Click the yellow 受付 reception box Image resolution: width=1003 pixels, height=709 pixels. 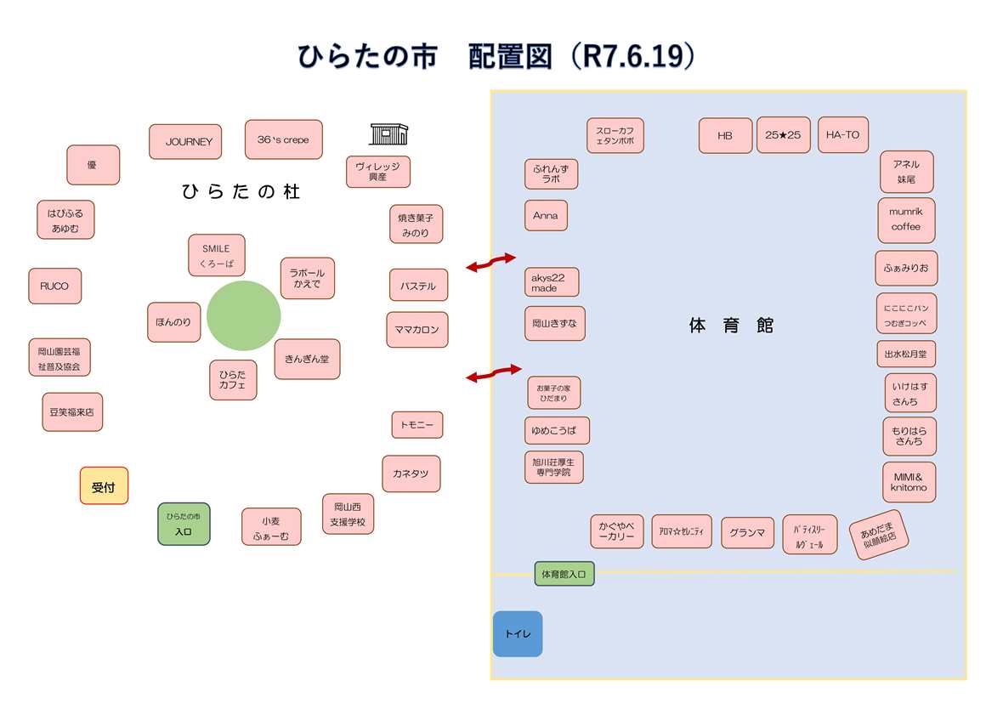pos(104,486)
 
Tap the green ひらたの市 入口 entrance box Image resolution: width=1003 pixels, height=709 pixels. pos(184,524)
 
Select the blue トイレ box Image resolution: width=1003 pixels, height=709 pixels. pos(517,634)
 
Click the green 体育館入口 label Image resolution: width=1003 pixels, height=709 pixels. pos(564,575)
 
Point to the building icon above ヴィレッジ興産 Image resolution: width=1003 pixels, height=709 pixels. pos(388,133)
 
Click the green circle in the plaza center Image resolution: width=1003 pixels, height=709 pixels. pos(244,315)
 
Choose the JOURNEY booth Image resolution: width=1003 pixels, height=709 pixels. pos(185,142)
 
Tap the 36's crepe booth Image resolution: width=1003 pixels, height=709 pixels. pos(283,139)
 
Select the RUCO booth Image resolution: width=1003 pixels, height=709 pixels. pos(54,286)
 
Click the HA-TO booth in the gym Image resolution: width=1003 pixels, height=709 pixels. pos(842,135)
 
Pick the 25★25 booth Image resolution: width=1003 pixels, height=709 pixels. pos(783,135)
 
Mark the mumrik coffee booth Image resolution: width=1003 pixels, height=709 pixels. pos(905,219)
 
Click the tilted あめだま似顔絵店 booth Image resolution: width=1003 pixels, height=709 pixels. pos(879,535)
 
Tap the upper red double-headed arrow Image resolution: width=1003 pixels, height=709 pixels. pos(491,263)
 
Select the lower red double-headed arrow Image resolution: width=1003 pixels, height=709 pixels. pos(493,372)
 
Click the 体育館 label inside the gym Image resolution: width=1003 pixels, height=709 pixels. pos(731,326)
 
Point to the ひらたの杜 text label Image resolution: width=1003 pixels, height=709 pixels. pos(241,192)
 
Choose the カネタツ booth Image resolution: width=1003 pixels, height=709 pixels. pos(411,474)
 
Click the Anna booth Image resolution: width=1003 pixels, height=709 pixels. pos(546,216)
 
